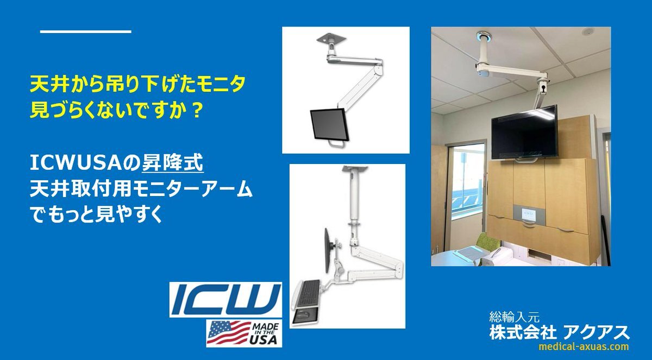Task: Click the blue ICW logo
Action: [x=225, y=300]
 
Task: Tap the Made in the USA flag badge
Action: [x=244, y=333]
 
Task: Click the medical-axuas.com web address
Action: [x=584, y=346]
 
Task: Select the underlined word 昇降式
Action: [x=172, y=163]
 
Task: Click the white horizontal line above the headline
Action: [x=86, y=31]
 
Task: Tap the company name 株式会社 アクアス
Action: [x=560, y=332]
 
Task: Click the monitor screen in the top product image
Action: [x=328, y=124]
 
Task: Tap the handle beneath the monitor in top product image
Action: [x=335, y=142]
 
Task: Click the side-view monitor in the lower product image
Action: [x=328, y=251]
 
